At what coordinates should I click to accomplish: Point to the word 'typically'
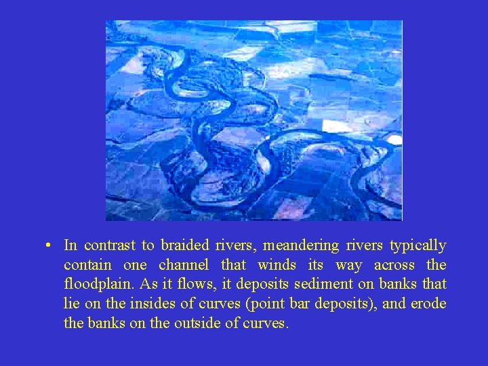tap(419, 245)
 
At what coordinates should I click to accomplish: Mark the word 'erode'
tap(428, 304)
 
